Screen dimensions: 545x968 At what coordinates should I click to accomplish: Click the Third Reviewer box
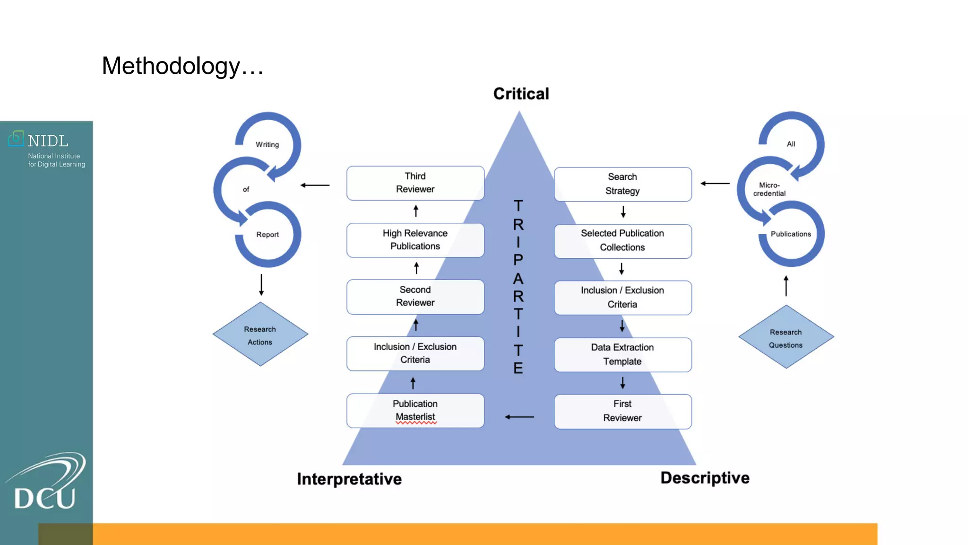[x=415, y=183]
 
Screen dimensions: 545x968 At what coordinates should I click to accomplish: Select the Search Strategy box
[x=622, y=184]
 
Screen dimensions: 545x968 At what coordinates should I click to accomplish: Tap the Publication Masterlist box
[x=415, y=411]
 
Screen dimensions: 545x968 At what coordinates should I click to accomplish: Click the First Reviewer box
[x=622, y=411]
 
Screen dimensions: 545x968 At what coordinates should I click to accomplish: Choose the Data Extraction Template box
[x=622, y=354]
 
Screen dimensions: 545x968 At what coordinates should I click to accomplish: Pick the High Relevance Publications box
[x=415, y=240]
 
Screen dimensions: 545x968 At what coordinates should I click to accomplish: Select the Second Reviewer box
[x=415, y=297]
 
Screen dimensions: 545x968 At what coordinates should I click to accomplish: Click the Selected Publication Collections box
[x=622, y=241]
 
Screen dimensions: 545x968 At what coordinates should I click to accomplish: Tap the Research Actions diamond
[x=260, y=335]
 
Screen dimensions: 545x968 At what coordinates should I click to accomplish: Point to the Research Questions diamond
[x=786, y=338]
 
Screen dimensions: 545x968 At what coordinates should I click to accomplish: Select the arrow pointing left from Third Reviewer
[x=315, y=185]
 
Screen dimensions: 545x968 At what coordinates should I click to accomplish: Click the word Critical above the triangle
[x=521, y=94]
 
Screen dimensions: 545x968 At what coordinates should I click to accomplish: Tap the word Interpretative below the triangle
[x=349, y=479]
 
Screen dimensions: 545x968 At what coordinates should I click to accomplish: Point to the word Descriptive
[x=704, y=478]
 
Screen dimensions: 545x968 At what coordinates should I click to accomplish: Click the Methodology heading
[x=182, y=66]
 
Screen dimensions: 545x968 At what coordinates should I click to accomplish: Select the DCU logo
[x=46, y=483]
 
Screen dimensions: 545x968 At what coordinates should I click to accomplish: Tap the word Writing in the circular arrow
[x=267, y=144]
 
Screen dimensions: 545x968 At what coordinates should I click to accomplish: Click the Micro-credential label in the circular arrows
[x=769, y=189]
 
